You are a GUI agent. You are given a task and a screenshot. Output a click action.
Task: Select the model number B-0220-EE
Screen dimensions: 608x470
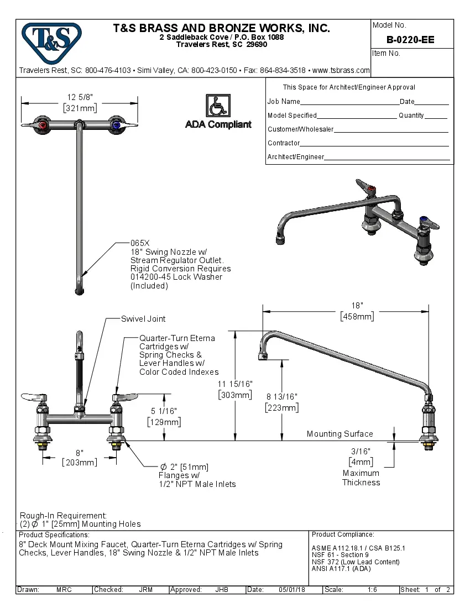click(410, 40)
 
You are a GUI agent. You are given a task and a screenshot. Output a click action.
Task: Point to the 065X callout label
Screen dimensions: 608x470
click(140, 243)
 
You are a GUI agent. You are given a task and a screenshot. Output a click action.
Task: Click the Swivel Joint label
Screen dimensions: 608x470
click(143, 319)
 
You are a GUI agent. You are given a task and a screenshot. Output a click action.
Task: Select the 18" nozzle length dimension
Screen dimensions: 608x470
click(357, 306)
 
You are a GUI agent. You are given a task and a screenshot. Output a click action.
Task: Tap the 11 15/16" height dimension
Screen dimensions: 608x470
click(235, 384)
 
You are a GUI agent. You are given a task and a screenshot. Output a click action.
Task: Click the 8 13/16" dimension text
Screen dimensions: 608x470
click(282, 397)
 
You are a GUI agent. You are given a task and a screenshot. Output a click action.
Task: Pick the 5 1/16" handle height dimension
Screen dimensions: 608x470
click(164, 411)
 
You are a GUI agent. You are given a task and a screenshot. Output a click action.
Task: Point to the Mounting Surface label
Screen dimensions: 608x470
click(340, 434)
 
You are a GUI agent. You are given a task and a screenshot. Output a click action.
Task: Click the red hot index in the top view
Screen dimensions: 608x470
click(43, 126)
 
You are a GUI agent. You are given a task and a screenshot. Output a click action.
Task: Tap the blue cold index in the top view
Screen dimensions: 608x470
click(116, 126)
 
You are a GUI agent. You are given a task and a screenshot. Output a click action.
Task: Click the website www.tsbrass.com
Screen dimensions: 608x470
click(341, 71)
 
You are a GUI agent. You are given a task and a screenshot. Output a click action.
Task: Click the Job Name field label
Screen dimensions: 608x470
click(284, 102)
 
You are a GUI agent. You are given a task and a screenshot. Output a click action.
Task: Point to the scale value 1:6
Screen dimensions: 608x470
click(373, 590)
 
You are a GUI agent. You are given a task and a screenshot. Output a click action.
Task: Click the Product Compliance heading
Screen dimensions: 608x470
click(343, 534)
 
